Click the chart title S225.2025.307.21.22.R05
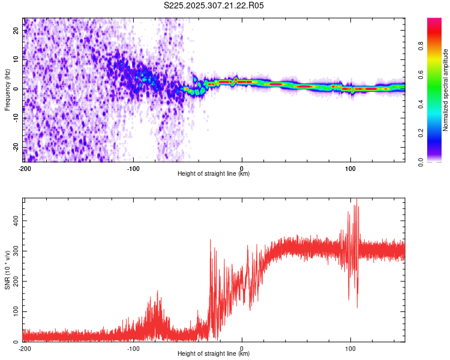[214, 5]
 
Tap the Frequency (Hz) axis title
[7, 89]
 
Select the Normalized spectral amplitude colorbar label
[446, 91]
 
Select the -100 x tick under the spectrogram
[133, 167]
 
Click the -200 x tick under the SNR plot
[25, 347]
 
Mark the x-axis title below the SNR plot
[214, 354]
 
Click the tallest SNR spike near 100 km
[357, 199]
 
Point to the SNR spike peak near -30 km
[210, 240]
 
